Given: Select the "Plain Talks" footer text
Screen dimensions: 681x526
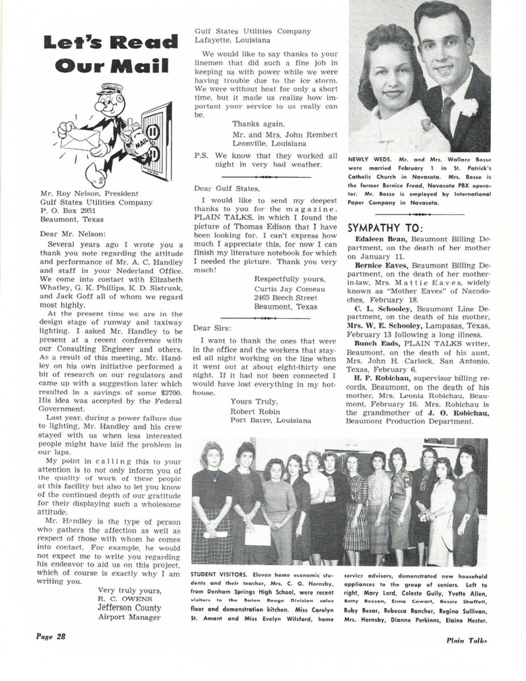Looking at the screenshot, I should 466,640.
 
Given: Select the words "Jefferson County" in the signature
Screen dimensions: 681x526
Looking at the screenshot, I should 129,608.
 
